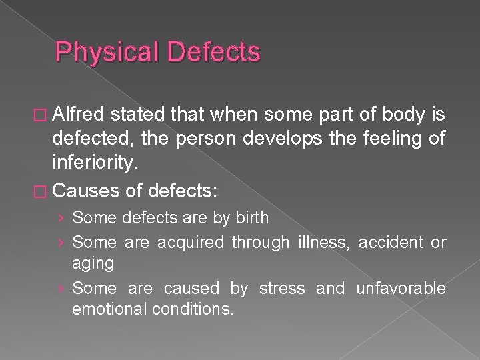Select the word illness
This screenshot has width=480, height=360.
[322, 243]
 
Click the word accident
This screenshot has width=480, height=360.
[391, 243]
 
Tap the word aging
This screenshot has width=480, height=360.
[93, 263]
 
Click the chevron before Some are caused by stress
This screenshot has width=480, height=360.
[62, 289]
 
